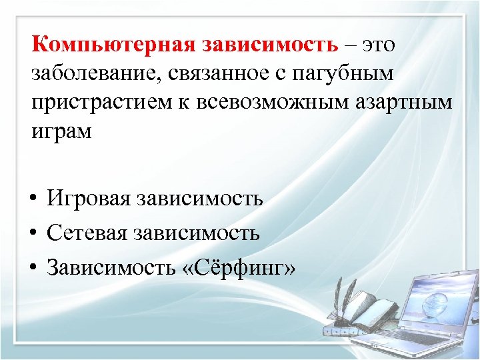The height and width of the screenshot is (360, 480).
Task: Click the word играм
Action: [x=61, y=132]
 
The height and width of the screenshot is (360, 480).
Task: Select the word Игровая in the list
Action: [x=88, y=199]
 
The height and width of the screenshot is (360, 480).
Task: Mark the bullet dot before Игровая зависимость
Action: [x=33, y=199]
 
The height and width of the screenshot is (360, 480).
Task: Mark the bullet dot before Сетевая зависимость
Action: [x=33, y=234]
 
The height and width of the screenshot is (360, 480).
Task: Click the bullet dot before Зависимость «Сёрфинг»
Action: [x=33, y=269]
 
